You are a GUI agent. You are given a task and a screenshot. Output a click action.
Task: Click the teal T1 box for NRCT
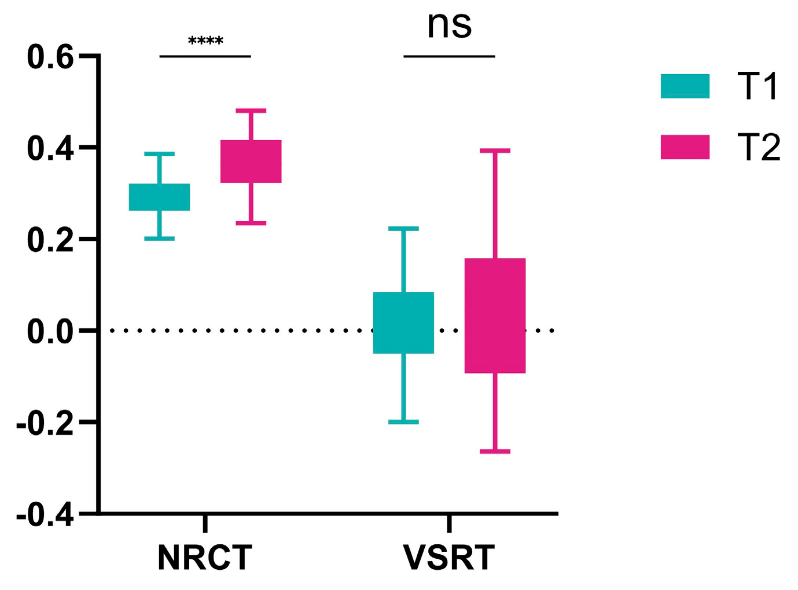pyautogui.click(x=159, y=197)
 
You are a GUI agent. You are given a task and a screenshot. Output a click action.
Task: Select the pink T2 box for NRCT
pyautogui.click(x=251, y=162)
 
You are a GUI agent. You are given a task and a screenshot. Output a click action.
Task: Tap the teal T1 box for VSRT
pyautogui.click(x=403, y=323)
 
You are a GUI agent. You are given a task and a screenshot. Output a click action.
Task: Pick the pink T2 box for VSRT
pyautogui.click(x=495, y=316)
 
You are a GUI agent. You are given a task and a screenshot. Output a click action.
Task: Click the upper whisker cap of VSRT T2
pyautogui.click(x=495, y=151)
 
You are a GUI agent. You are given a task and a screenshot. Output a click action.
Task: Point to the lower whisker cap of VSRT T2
pyautogui.click(x=495, y=451)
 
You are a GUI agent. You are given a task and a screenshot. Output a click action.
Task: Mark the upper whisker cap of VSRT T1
pyautogui.click(x=403, y=229)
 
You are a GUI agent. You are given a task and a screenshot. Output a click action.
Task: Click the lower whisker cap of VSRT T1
pyautogui.click(x=403, y=422)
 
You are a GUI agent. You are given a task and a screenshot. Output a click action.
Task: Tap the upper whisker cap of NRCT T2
pyautogui.click(x=251, y=110)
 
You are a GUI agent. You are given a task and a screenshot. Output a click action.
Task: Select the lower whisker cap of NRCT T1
pyautogui.click(x=159, y=238)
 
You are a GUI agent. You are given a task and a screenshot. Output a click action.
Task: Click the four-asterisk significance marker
pyautogui.click(x=205, y=41)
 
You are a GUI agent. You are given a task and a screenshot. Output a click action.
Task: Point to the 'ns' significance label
pyautogui.click(x=449, y=25)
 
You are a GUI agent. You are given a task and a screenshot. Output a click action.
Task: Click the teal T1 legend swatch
pyautogui.click(x=685, y=86)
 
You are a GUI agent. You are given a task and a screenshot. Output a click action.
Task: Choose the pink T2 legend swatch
pyautogui.click(x=685, y=147)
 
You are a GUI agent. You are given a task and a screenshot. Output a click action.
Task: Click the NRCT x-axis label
pyautogui.click(x=205, y=558)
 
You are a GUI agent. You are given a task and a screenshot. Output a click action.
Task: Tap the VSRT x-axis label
pyautogui.click(x=449, y=558)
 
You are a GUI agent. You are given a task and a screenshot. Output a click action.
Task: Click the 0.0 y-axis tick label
pyautogui.click(x=50, y=332)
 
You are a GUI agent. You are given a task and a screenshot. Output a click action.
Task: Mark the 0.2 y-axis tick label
pyautogui.click(x=50, y=240)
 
